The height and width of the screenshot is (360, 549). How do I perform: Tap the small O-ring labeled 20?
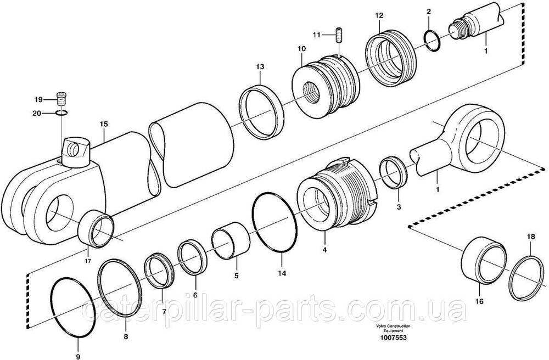point(61,113)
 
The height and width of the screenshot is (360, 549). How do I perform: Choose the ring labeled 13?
point(261,111)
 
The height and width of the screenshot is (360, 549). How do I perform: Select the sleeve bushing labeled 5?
point(231,241)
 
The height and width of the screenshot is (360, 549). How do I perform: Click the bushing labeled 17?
point(95,228)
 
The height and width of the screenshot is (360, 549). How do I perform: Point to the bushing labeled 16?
point(483,260)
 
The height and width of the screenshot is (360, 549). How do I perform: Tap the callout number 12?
point(379,15)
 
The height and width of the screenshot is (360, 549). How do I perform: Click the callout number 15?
point(104,124)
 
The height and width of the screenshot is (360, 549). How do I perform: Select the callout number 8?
point(126,337)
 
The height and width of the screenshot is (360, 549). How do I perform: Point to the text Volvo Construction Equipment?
point(393,328)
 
